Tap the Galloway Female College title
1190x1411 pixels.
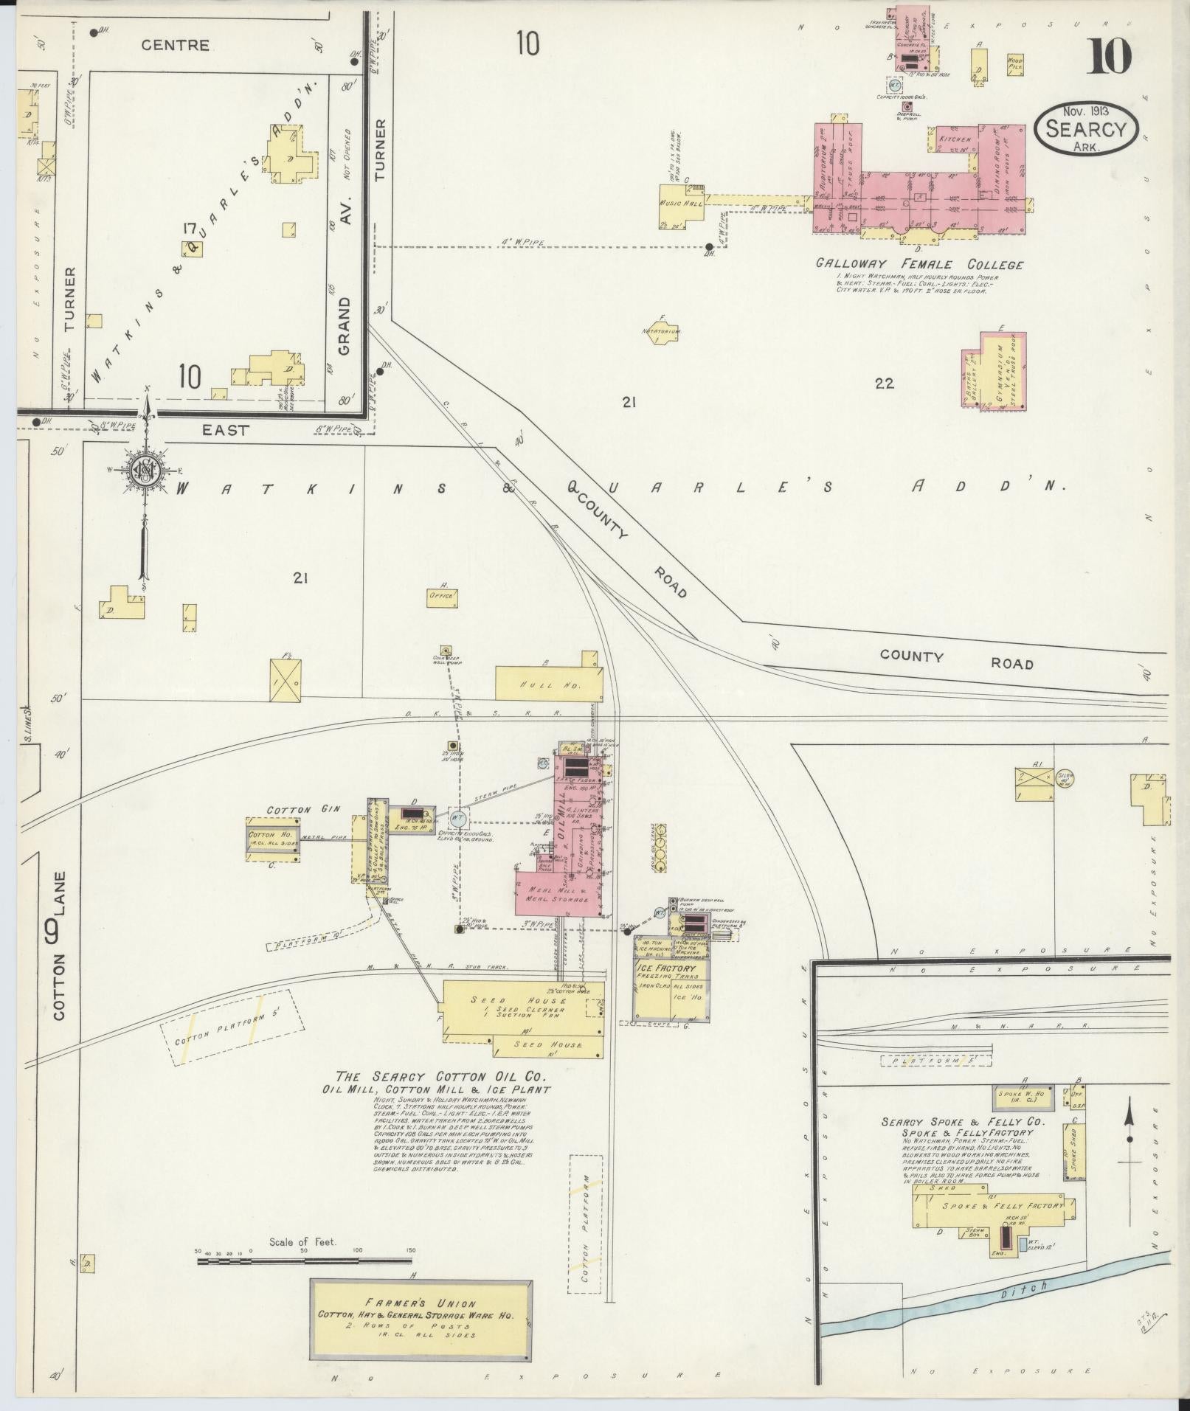[x=919, y=264]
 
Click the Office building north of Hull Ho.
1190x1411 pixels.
[x=443, y=594]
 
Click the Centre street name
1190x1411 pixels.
[x=176, y=45]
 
